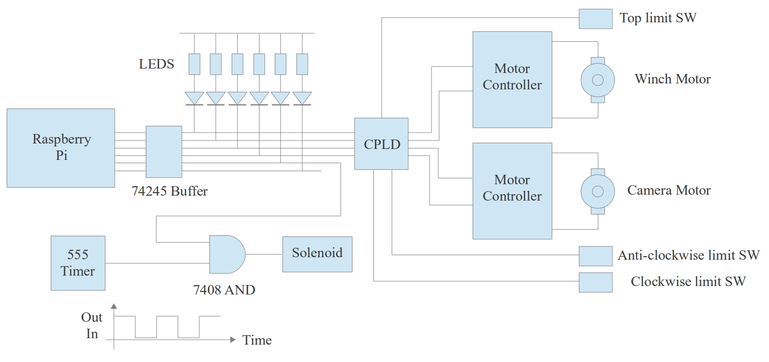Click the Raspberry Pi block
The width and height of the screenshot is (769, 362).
[x=61, y=147]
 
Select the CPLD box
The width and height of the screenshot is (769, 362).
[x=381, y=144]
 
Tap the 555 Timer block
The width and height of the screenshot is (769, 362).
[x=78, y=263]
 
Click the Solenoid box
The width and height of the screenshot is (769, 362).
[x=317, y=254]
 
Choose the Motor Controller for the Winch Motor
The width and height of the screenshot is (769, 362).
[x=512, y=79]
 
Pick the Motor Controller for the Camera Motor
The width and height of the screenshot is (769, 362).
[x=512, y=191]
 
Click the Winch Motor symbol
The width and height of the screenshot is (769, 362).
[x=598, y=80]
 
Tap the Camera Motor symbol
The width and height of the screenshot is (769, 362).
[x=598, y=191]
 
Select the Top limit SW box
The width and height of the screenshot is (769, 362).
[x=595, y=19]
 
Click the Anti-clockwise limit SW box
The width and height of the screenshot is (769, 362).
[x=595, y=256]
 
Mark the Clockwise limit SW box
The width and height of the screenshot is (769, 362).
[x=595, y=282]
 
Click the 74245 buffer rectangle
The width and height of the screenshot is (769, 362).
[x=164, y=151]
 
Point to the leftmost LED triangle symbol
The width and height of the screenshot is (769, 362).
[x=194, y=98]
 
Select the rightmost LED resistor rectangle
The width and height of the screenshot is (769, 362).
[x=302, y=64]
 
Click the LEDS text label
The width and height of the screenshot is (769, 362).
[x=157, y=65]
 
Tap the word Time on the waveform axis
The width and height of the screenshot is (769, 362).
[x=257, y=341]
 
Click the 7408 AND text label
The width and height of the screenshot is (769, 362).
[x=224, y=290]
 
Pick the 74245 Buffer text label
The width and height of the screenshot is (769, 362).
[x=170, y=191]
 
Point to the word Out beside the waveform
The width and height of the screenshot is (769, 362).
[x=92, y=318]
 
